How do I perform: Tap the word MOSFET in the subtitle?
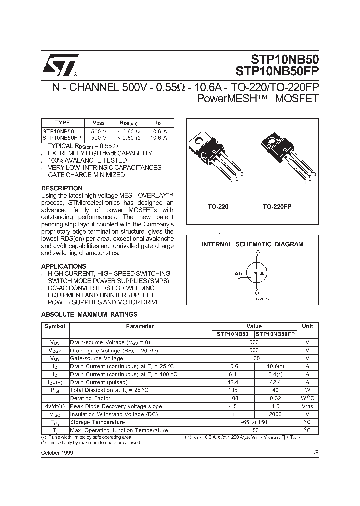point(295,98)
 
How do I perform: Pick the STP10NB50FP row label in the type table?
point(62,137)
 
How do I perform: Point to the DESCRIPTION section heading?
point(62,188)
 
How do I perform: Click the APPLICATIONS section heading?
point(63,266)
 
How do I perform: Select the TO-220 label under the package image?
point(218,206)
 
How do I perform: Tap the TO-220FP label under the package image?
point(277,206)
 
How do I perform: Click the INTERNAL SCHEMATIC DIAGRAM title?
point(252,244)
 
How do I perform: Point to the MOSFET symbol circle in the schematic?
point(256,274)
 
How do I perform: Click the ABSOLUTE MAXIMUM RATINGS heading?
point(89,314)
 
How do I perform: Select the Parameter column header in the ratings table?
point(139,326)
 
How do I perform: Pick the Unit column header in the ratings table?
point(307,326)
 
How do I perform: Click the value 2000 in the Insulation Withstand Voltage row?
point(275,414)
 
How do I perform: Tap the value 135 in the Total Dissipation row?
point(232,390)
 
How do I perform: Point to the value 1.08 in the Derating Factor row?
point(232,398)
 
